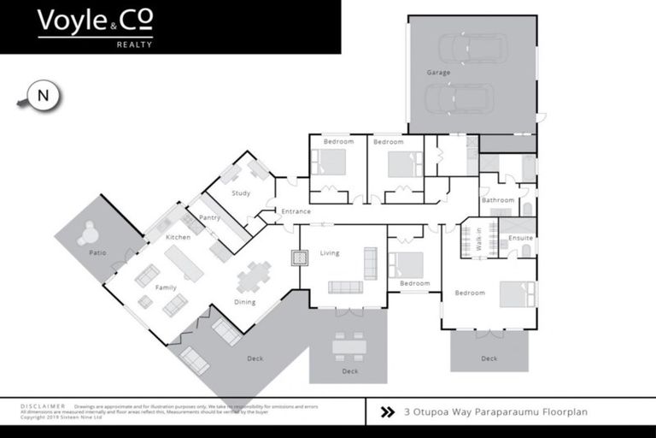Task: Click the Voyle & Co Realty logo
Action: (x=95, y=27)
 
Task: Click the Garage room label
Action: (x=438, y=73)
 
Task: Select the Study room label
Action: (x=241, y=193)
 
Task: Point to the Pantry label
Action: (x=210, y=217)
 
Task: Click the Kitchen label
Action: (x=178, y=237)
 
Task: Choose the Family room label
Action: (x=166, y=287)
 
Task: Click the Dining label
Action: (x=244, y=302)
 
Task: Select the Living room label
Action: (x=330, y=253)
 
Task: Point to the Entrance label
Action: (x=296, y=211)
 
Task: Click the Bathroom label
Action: (x=498, y=200)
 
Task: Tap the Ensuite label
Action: (x=520, y=238)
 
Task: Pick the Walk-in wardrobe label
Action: (x=479, y=239)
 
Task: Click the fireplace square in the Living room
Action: (x=299, y=257)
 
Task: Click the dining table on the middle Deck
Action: (x=350, y=346)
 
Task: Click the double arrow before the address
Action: (x=387, y=411)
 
